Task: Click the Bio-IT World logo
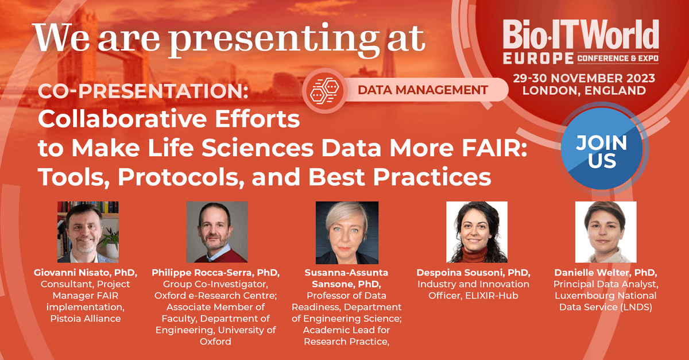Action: tap(580, 41)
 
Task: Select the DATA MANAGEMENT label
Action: tap(423, 90)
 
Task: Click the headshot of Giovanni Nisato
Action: tap(88, 232)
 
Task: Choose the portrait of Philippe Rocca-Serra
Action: tap(217, 232)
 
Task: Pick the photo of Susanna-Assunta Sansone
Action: tap(347, 232)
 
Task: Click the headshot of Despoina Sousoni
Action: tap(477, 232)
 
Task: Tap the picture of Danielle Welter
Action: tap(606, 232)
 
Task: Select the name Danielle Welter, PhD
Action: tap(606, 273)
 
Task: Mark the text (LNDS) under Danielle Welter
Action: tap(636, 307)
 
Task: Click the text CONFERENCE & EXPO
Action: tap(617, 59)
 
